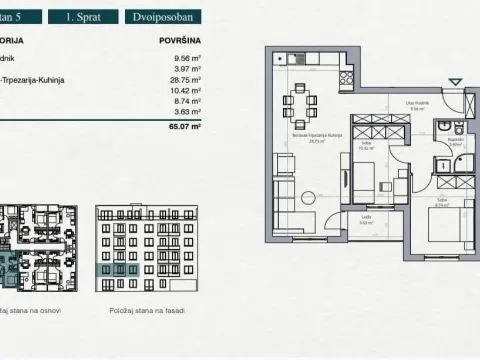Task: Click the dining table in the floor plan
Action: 298,103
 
